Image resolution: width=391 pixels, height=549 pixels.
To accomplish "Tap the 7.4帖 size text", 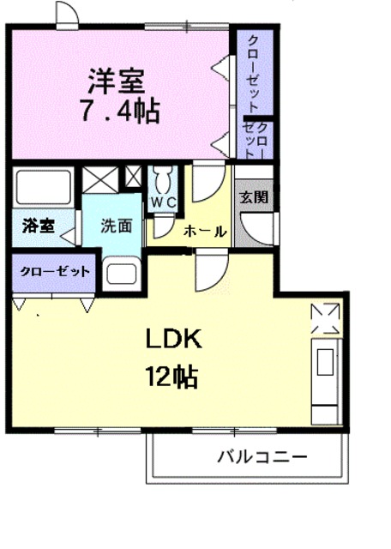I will [x=120, y=111].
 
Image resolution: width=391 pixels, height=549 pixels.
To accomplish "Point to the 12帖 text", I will [x=171, y=376].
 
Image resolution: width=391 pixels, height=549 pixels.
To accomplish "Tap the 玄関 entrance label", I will [x=253, y=196].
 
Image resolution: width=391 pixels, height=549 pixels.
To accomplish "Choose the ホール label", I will [x=203, y=231].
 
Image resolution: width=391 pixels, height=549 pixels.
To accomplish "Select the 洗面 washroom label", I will [x=117, y=226].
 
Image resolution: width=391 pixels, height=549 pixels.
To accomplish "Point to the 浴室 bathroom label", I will [x=39, y=226].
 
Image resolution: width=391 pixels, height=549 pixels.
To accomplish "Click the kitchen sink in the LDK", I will [x=325, y=364].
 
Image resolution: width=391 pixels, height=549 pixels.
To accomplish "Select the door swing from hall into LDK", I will [x=208, y=273].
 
